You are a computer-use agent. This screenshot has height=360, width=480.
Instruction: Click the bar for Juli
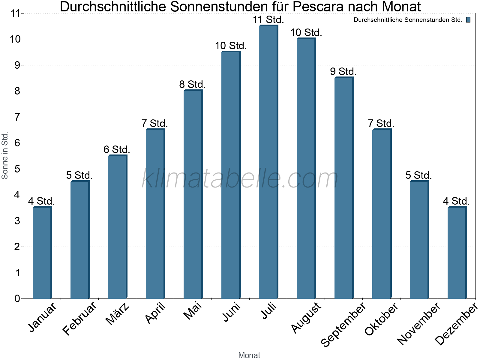[x=268, y=162]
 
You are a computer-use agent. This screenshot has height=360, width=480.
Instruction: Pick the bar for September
[x=344, y=188]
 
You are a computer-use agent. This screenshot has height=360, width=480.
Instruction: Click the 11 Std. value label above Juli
[x=268, y=20]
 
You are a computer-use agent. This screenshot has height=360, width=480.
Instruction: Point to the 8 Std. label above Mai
[x=192, y=85]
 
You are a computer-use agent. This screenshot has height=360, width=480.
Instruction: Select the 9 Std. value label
[x=343, y=72]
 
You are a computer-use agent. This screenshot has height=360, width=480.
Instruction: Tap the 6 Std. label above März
[x=117, y=149]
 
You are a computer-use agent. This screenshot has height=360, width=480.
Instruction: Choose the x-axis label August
[x=306, y=317]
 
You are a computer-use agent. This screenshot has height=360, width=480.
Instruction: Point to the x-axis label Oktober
[x=381, y=319]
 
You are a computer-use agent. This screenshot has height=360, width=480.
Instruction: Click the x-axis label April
[x=155, y=313]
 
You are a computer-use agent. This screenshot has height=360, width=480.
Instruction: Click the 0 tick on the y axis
[x=17, y=298]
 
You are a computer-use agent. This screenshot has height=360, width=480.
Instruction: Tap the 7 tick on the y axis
[x=17, y=117]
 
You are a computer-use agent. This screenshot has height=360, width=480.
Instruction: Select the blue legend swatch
[x=468, y=20]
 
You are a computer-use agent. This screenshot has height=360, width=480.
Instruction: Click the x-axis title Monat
[x=249, y=355]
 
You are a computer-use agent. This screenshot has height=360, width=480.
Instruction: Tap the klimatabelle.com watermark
[x=240, y=179]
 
